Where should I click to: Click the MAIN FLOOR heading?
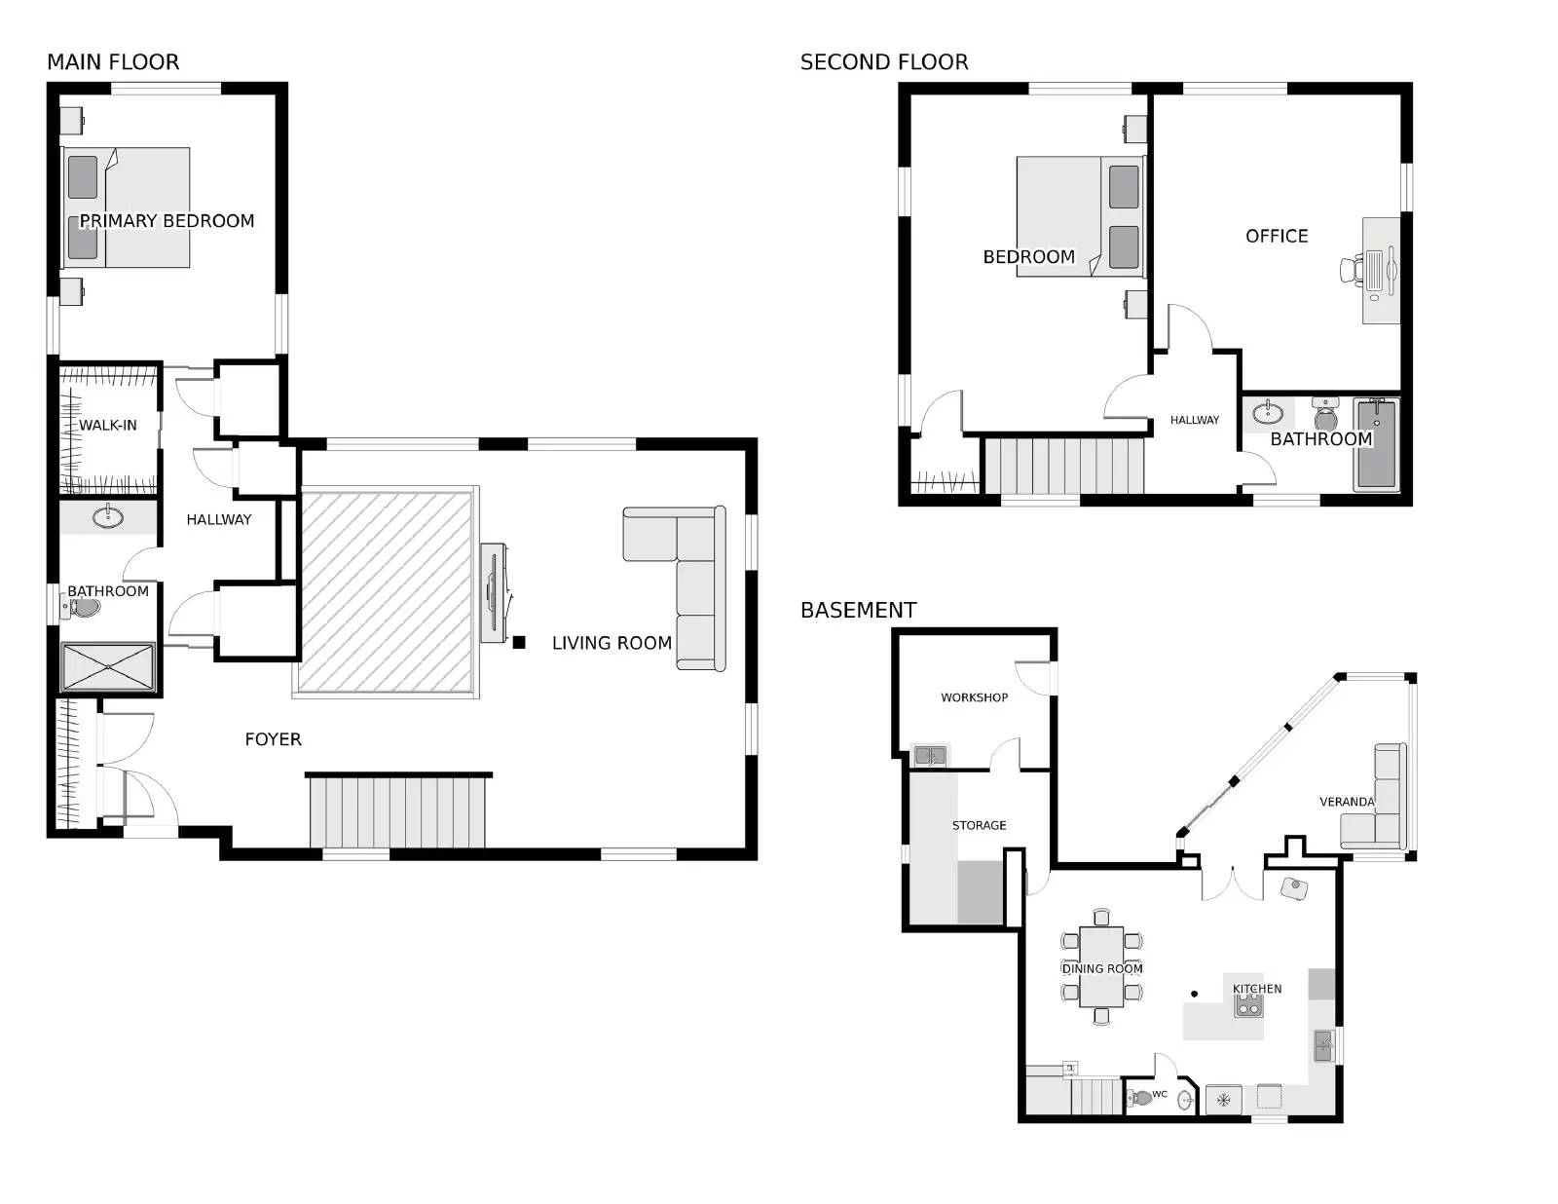coord(113,62)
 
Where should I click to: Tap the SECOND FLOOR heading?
coord(884,62)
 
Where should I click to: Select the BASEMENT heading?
coord(858,610)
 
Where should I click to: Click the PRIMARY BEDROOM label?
coord(167,221)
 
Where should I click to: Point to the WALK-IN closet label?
coord(107,426)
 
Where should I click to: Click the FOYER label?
coord(274,739)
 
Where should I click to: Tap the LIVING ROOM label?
coord(612,643)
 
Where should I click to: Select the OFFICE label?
coord(1277,236)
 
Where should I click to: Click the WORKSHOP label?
coord(975,697)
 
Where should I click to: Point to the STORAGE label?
coord(979,825)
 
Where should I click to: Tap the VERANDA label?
coord(1348,802)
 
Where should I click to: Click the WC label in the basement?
coord(1160,1094)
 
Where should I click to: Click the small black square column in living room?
coord(519,643)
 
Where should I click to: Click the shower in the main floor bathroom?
coord(107,667)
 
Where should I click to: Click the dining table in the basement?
coord(1101,966)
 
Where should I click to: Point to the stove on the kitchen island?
coord(1248,1005)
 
